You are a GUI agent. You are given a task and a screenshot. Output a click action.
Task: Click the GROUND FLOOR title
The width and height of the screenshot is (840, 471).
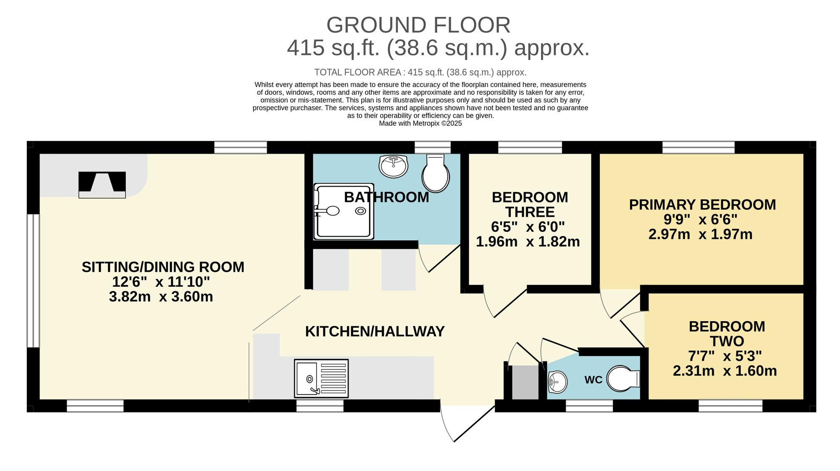pos(418,25)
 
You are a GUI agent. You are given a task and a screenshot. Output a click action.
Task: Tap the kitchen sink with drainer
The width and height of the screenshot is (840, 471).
pos(321,378)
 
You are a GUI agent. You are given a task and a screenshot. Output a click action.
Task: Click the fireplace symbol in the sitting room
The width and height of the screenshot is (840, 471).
pos(102,185)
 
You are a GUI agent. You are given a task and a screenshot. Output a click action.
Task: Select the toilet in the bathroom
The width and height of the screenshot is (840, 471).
pos(436,173)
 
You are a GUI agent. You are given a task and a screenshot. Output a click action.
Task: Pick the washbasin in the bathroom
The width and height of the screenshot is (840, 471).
pos(393,166)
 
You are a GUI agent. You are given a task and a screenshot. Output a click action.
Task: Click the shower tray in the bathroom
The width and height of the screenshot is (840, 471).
pos(344,211)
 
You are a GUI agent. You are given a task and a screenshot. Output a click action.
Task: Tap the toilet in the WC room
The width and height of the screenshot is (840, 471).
pos(623,379)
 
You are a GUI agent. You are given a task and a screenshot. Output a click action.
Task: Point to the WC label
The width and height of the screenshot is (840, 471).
pos(593,380)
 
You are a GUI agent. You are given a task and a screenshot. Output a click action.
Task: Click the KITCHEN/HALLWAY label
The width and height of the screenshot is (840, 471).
pos(375,332)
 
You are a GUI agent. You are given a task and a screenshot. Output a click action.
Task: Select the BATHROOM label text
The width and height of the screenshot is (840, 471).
pos(386,197)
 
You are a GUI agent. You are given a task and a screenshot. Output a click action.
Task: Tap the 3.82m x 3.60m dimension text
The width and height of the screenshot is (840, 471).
pos(161,297)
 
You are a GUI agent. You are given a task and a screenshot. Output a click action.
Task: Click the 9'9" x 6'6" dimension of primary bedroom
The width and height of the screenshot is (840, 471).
pos(700,220)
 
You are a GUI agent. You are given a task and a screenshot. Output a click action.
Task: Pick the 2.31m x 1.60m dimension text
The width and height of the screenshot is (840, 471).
pos(724,371)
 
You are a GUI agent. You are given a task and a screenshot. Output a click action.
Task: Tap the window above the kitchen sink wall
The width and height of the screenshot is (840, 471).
pos(320,406)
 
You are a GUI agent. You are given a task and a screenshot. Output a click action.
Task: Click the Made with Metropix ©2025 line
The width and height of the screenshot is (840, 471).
pos(420,123)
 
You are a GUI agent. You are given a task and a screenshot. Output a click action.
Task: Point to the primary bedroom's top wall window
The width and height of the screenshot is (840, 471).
pos(698,147)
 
